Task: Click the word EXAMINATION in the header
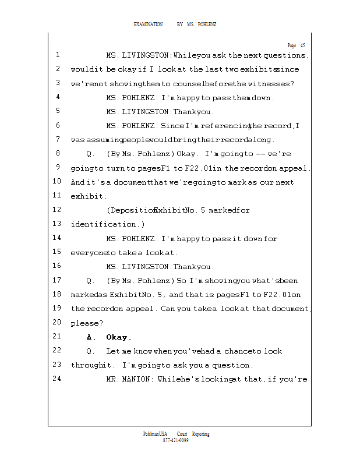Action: click(149, 24)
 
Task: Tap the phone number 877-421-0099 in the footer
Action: click(176, 440)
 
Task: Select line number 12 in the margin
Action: click(57, 210)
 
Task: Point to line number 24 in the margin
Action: click(57, 379)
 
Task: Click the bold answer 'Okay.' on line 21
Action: click(119, 337)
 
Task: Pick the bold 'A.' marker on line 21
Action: click(90, 337)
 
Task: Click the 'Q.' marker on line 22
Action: click(90, 351)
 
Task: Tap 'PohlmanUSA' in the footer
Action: click(155, 434)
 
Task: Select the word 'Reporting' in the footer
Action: click(200, 434)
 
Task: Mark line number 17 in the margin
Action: click(57, 280)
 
